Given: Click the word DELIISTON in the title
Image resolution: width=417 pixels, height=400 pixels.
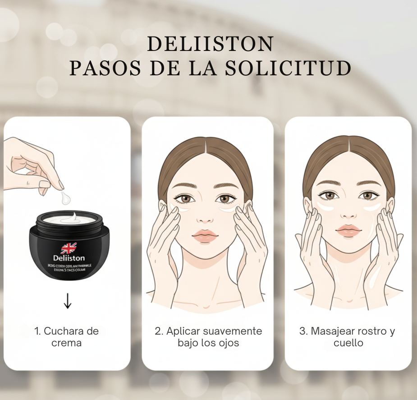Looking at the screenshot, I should [x=210, y=44].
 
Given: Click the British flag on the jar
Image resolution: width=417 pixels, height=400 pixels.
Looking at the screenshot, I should [x=69, y=248].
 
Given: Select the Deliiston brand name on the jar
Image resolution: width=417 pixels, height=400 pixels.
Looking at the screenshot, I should [x=69, y=258].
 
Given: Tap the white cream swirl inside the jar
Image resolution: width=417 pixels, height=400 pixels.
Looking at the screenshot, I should [x=72, y=218].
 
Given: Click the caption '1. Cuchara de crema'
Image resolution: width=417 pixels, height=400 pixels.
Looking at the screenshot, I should [x=66, y=337].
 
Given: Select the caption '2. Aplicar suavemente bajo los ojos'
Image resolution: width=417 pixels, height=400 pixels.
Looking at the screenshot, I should [x=208, y=337].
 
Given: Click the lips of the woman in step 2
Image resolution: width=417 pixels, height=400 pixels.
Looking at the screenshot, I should [x=205, y=236].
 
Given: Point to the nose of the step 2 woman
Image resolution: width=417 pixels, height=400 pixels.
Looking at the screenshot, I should [x=205, y=216].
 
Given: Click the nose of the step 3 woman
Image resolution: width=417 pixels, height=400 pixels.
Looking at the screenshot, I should [x=348, y=212].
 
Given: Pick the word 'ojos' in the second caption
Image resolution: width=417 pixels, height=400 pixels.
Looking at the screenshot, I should [x=228, y=343].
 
